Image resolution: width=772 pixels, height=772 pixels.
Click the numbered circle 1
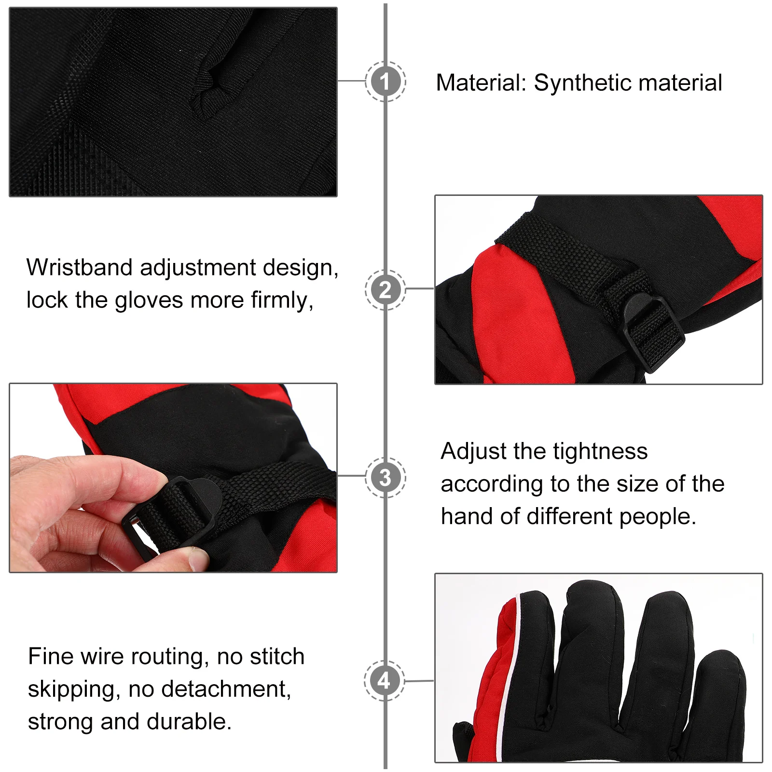(385, 82)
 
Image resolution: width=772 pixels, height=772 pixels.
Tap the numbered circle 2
(385, 290)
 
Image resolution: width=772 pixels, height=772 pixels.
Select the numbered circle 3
(385, 477)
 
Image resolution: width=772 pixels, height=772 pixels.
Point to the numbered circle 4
(384, 680)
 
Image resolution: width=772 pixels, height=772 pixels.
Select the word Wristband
(80, 267)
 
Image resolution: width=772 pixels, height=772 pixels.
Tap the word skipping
(73, 689)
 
